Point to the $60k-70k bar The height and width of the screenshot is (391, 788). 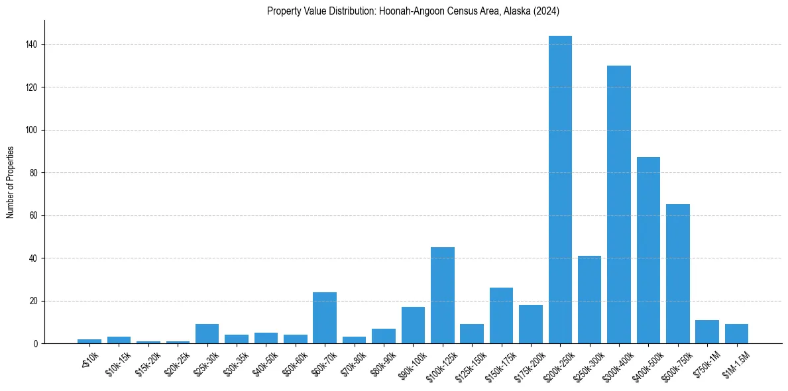[x=325, y=317]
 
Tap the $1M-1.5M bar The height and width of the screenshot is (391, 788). [x=736, y=333]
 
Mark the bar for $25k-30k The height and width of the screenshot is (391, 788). [x=207, y=333]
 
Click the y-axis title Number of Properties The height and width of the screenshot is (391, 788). [x=10, y=182]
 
